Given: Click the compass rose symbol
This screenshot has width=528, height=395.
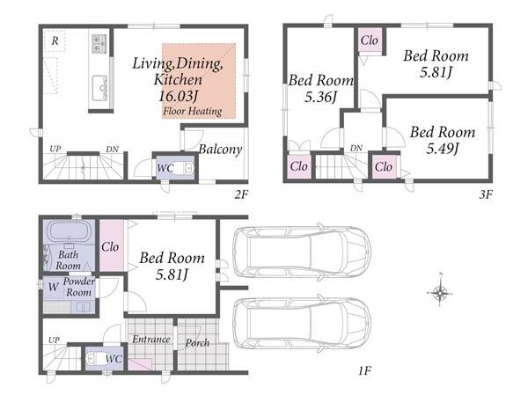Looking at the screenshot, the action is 440,293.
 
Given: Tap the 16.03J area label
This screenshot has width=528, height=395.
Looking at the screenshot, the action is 178,96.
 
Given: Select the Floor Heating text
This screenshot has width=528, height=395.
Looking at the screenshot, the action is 192,111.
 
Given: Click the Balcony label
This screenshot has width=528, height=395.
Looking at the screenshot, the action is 220,150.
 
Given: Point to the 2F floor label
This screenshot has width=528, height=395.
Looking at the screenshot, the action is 241,194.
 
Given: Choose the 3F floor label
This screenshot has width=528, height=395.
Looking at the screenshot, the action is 486,194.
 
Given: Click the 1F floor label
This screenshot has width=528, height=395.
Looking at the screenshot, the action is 364,370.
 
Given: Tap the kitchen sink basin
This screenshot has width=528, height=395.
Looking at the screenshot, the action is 99,88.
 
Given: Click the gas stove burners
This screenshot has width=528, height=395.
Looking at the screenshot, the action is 99,44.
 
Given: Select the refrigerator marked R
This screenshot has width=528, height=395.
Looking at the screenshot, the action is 55,40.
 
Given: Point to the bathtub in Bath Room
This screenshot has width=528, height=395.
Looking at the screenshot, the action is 69,231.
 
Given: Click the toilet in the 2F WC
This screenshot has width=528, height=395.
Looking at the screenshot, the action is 185,167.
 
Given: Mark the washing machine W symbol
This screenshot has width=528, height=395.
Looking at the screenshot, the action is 53,287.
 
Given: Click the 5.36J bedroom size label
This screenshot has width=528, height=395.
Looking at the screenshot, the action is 320,97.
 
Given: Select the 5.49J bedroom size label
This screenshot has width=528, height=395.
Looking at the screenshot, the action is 443,148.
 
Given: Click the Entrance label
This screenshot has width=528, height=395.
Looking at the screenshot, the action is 150,339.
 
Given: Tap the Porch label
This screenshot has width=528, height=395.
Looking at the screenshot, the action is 197,343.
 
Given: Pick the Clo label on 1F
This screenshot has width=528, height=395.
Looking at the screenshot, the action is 110,247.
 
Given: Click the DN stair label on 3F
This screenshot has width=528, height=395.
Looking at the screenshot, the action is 356,148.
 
